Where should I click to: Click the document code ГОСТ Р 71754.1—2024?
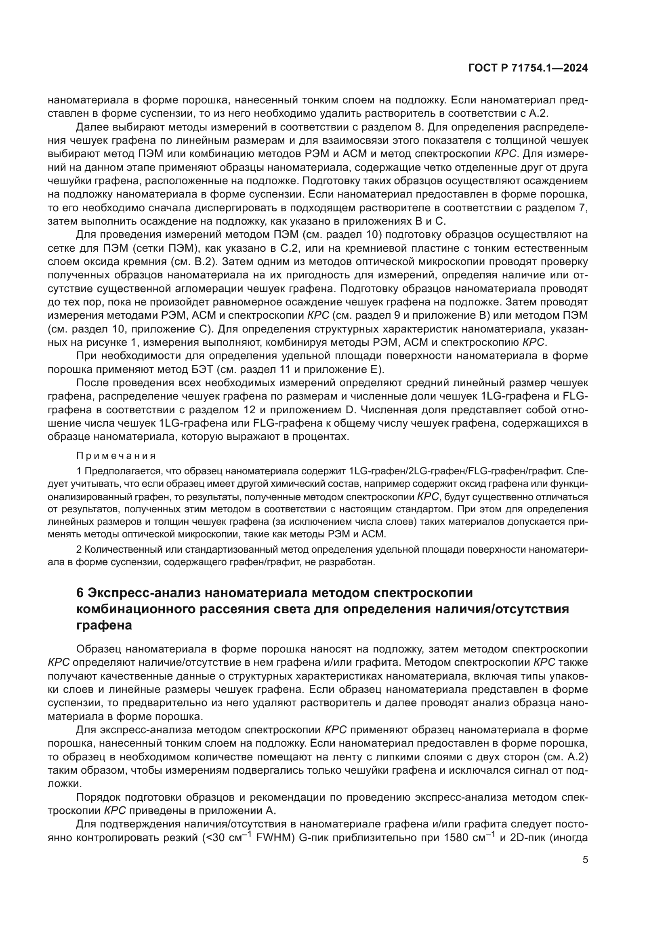click(x=528, y=68)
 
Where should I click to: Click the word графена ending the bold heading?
click(x=104, y=625)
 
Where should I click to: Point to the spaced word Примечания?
click(x=116, y=456)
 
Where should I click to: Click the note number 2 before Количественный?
click(x=79, y=550)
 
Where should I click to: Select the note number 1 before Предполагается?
click(x=79, y=471)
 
